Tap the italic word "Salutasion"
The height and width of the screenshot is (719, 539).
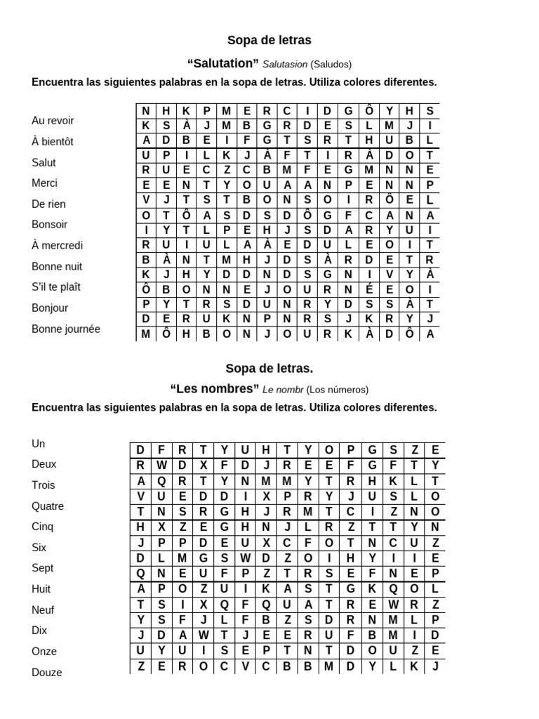pos(285,64)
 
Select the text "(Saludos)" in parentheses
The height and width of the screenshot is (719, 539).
pos(331,64)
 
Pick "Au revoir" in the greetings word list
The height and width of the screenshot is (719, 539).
pos(53,120)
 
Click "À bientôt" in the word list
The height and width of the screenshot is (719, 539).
pos(53,141)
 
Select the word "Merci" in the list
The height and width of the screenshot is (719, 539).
pos(45,183)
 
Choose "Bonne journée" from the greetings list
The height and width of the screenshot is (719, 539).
pos(66,329)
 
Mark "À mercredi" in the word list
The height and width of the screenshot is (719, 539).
pos(57,245)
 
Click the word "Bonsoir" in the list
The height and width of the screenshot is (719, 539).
pos(50,224)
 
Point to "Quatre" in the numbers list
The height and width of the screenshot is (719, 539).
pos(48,506)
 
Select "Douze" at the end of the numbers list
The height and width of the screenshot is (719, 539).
pos(47,672)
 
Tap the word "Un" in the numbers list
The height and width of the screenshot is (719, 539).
pos(39,443)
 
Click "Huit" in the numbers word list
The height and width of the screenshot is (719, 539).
pos(41,588)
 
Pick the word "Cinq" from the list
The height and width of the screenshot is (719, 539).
pos(43,526)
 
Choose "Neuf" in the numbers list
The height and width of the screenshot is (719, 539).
pos(43,609)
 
